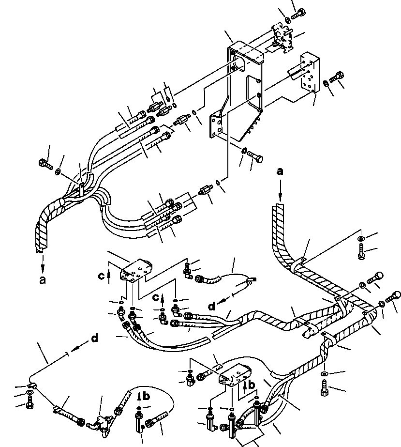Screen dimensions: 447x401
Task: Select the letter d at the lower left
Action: click(x=94, y=339)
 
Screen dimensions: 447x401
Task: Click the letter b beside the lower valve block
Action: click(x=252, y=385)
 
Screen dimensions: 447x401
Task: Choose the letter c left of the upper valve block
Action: click(x=101, y=276)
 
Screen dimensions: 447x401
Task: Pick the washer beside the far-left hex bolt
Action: click(x=58, y=171)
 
